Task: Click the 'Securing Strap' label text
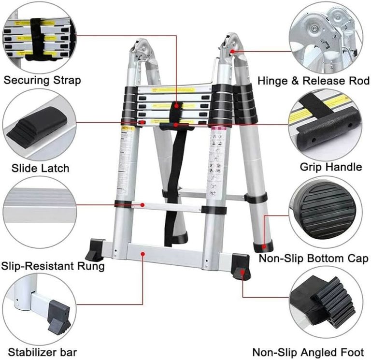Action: (43, 80)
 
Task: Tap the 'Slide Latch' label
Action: (41, 168)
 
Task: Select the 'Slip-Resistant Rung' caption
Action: (52, 266)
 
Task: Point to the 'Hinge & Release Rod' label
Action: (314, 80)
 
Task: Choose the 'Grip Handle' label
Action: (330, 167)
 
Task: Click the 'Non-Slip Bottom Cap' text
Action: (314, 258)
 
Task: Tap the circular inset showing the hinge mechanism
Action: (326, 37)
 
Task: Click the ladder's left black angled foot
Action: (95, 249)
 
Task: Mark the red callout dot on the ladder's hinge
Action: (233, 50)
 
